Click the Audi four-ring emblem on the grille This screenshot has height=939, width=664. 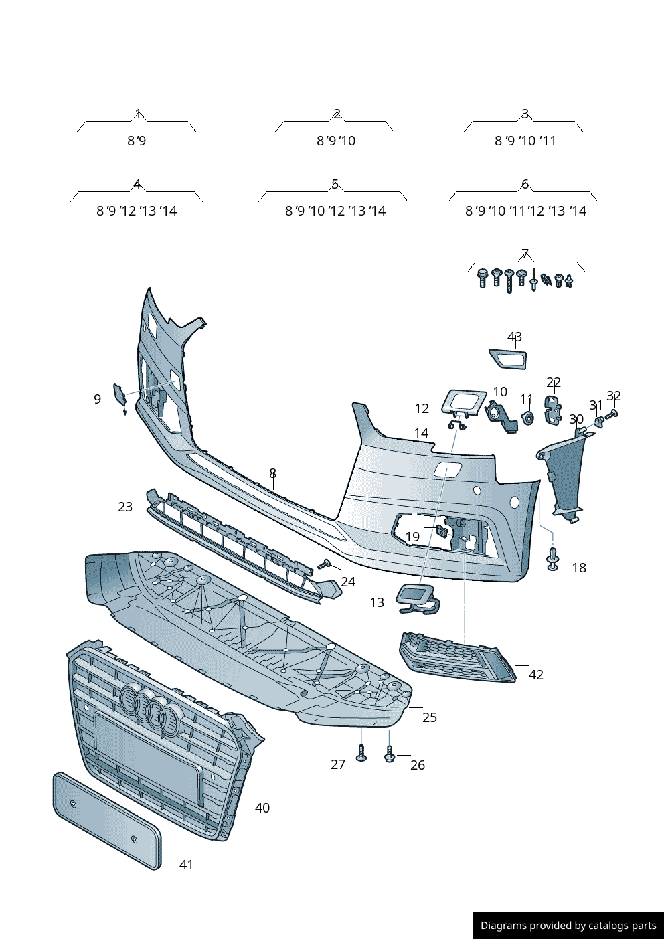(x=151, y=708)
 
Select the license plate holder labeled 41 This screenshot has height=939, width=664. (x=107, y=821)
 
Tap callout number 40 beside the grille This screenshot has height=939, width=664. (x=262, y=808)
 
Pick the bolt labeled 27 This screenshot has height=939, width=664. (x=361, y=754)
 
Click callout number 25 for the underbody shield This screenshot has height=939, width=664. (x=429, y=717)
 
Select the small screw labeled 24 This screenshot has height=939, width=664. (x=326, y=564)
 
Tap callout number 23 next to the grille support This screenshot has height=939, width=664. (x=125, y=507)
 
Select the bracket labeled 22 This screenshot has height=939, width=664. (x=553, y=410)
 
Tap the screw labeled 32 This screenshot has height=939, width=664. (x=611, y=416)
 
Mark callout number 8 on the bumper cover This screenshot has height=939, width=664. (x=272, y=473)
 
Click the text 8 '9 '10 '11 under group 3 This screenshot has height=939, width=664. (x=525, y=141)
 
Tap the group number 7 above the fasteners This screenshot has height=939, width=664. (x=525, y=254)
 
